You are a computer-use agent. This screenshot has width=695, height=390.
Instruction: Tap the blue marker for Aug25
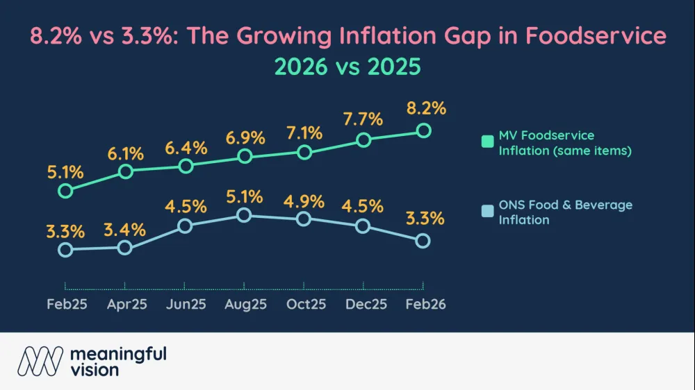(244, 215)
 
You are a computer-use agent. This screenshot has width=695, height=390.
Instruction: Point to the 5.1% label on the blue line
(244, 196)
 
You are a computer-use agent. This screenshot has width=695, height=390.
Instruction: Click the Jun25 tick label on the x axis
(185, 304)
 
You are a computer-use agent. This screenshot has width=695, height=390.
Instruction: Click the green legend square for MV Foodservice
(487, 142)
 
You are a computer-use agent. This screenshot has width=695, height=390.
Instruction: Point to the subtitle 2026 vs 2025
(347, 67)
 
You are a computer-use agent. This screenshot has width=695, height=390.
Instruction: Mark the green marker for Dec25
(363, 139)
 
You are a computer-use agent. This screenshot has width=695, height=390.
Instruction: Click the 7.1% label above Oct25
(304, 132)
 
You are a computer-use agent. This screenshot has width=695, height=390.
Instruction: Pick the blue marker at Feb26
(423, 241)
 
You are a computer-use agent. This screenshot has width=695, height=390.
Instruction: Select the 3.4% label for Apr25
(125, 229)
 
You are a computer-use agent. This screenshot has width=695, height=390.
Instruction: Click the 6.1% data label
(125, 153)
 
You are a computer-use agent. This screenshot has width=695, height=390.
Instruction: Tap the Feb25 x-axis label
(67, 304)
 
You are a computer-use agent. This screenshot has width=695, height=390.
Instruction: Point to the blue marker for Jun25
(185, 226)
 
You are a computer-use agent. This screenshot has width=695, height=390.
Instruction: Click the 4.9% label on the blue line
(304, 201)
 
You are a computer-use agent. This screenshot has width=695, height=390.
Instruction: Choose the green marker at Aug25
(244, 156)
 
